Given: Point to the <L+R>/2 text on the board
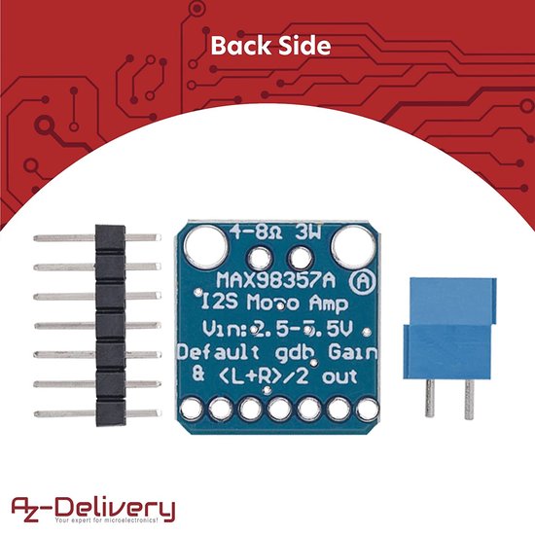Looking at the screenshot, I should [262, 375].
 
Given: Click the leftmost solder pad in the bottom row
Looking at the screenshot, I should [191, 410].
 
